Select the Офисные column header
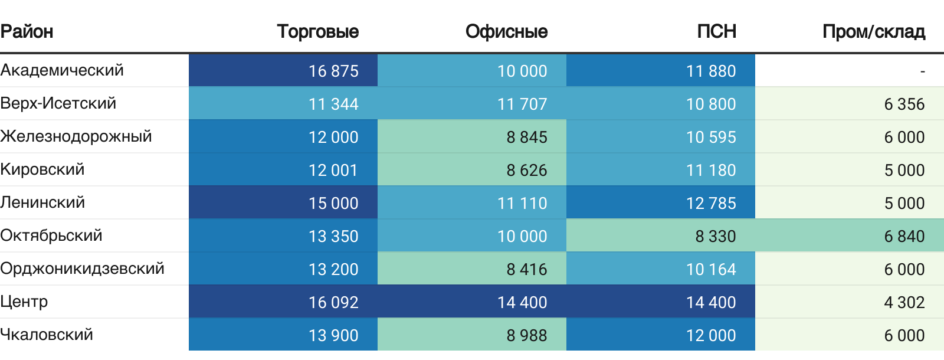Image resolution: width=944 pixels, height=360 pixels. click(506, 31)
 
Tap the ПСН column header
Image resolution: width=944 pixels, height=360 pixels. click(716, 31)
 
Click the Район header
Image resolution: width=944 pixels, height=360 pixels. click(27, 31)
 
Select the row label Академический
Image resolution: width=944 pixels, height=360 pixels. click(62, 70)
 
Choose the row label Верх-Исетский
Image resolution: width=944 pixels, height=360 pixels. click(58, 103)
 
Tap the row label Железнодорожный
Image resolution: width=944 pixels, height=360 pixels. click(76, 136)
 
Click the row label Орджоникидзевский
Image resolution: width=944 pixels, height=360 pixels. click(82, 269)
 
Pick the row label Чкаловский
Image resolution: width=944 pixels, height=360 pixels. click(47, 335)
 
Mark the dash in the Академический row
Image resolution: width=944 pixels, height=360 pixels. click(922, 71)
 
